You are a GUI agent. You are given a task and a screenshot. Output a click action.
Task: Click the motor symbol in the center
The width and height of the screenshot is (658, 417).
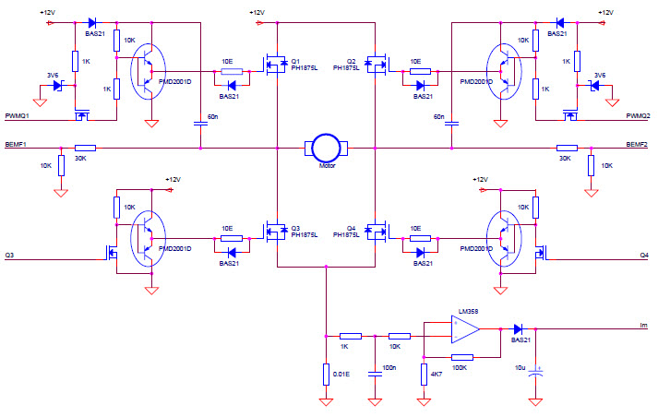coord(326,147)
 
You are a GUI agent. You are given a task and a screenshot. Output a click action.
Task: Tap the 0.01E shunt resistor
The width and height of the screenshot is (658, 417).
coord(326,374)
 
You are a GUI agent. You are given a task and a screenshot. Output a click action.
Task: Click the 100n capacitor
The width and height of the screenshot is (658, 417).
coord(375,373)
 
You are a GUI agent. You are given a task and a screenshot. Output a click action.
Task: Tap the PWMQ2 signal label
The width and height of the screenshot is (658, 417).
coord(639,116)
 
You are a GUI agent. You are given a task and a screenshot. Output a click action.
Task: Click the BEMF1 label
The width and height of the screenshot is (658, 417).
coord(16,146)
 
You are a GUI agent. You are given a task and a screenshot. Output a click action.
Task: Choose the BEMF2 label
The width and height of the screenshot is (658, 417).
coord(638,146)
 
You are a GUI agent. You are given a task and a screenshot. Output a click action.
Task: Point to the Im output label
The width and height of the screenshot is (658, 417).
coord(643,326)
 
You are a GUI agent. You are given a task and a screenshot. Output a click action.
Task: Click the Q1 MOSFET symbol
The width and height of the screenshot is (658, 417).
coord(273,65)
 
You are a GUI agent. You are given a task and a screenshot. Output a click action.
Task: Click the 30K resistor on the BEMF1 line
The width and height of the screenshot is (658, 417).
coord(85,148)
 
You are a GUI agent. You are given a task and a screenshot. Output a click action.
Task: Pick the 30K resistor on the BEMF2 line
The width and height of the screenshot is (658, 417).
coord(567,148)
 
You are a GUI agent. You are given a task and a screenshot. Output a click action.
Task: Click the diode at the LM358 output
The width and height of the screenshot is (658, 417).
coord(518,328)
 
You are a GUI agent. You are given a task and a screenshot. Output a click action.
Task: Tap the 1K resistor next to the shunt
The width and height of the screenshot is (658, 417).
coord(351,336)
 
